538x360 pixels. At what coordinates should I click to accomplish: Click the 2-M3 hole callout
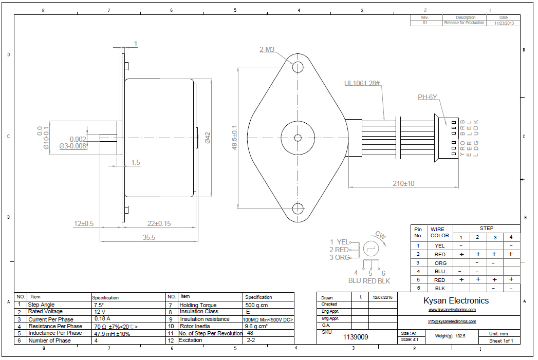click(267, 50)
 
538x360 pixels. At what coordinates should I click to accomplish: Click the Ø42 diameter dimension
click(208, 138)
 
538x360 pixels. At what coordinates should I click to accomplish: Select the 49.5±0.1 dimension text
click(235, 138)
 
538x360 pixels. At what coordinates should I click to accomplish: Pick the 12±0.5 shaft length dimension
click(83, 223)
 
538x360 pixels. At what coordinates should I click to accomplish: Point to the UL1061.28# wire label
click(362, 83)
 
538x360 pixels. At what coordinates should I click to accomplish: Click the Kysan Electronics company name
click(456, 300)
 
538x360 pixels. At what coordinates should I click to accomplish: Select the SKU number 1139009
click(355, 337)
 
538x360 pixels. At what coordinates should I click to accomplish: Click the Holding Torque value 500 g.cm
click(257, 305)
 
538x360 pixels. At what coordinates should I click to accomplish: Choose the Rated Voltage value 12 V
click(99, 311)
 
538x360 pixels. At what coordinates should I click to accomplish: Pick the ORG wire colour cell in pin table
click(440, 263)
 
